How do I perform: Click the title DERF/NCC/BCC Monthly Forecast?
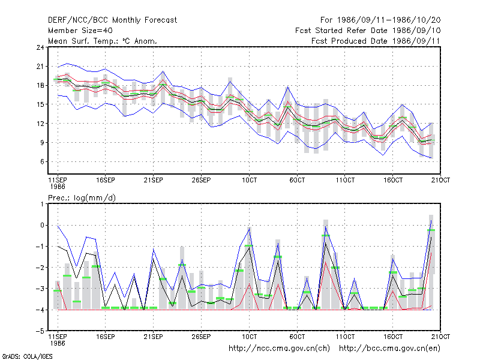pyautogui.click(x=112, y=20)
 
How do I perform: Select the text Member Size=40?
pyautogui.click(x=80, y=31)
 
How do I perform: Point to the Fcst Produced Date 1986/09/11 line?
pyautogui.click(x=376, y=41)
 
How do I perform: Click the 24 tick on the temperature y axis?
pyautogui.click(x=40, y=47)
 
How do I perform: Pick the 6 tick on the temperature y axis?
pyautogui.click(x=42, y=161)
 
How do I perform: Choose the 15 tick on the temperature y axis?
pyautogui.click(x=40, y=104)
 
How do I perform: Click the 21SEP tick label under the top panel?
pyautogui.click(x=153, y=180)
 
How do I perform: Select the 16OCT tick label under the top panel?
pyautogui.click(x=393, y=180)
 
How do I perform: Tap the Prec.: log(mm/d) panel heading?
pyautogui.click(x=82, y=198)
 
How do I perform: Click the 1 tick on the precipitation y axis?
pyautogui.click(x=42, y=204)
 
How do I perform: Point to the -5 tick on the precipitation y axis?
pyautogui.click(x=40, y=331)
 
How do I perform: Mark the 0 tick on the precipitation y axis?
pyautogui.click(x=42, y=226)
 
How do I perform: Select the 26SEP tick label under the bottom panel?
pyautogui.click(x=201, y=337)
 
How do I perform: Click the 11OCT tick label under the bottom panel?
pyautogui.click(x=345, y=337)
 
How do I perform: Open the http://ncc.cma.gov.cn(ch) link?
pyautogui.click(x=279, y=349)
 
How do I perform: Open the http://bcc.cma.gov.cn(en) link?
pyautogui.click(x=389, y=349)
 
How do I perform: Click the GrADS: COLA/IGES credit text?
pyautogui.click(x=27, y=356)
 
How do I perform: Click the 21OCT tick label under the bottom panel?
pyautogui.click(x=440, y=337)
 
